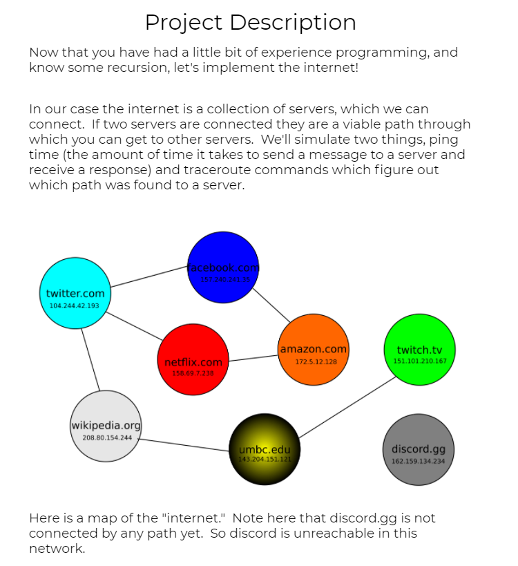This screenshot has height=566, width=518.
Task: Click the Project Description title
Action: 250,23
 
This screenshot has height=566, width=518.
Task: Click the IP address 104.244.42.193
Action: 75,305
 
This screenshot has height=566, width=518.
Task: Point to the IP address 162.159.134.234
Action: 419,461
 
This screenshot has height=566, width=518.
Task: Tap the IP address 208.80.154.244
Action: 106,437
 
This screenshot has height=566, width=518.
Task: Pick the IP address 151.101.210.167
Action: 420,361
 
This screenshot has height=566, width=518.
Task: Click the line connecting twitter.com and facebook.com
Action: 149,277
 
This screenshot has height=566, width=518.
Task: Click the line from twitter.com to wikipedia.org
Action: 90,360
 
